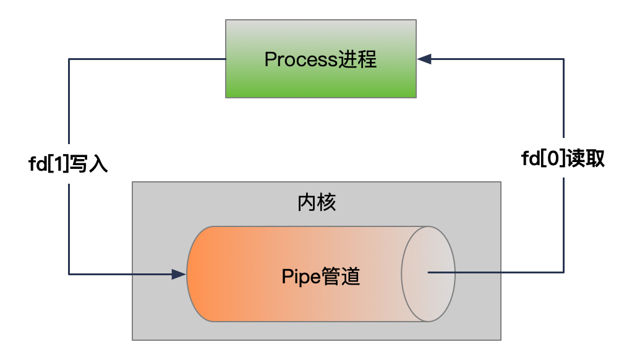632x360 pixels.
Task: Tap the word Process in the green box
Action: [x=301, y=60]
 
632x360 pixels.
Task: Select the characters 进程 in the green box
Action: [x=357, y=60]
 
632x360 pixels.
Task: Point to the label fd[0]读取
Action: [x=563, y=160]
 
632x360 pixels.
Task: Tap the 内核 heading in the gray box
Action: [x=317, y=202]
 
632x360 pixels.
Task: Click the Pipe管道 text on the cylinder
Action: [x=320, y=275]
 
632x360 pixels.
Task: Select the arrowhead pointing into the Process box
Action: [x=424, y=59]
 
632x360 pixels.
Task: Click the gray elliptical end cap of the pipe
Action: [x=428, y=273]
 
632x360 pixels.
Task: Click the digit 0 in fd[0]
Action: [x=552, y=160]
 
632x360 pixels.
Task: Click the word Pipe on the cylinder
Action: [x=301, y=275]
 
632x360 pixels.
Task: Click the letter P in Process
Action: [x=270, y=60]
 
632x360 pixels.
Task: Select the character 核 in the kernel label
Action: [x=327, y=202]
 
